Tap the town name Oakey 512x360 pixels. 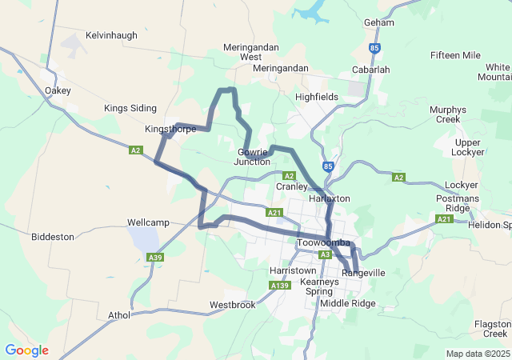[58, 90]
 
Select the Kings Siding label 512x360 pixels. [130, 108]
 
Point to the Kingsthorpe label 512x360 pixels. [170, 129]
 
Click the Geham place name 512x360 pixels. [378, 22]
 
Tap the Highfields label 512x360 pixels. [317, 97]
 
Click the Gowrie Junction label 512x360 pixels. [251, 157]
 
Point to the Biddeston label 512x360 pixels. [53, 237]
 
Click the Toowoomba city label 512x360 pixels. [323, 242]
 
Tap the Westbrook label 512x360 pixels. [233, 305]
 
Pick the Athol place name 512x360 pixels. [119, 315]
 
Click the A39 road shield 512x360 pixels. [155, 257]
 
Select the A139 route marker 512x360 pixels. [279, 286]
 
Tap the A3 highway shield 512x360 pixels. [325, 254]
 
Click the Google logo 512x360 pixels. [26, 350]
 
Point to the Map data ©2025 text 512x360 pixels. [478, 354]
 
